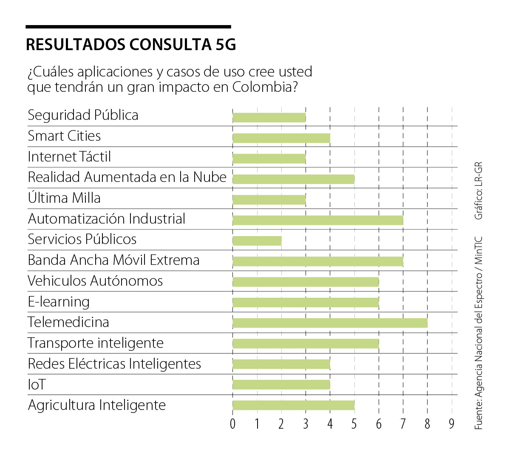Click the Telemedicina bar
(330, 323)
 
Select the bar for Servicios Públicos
(257, 240)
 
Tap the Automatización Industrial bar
(318, 220)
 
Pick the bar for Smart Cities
(281, 138)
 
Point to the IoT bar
(281, 384)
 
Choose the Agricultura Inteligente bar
(293, 405)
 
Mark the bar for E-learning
(306, 302)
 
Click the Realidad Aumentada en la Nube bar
(293, 179)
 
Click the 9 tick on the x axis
(452, 424)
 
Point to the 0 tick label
(232, 424)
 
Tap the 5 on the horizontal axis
(354, 424)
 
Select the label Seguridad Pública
(83, 115)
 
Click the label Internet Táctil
(69, 157)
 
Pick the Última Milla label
(64, 198)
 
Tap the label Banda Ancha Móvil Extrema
(113, 260)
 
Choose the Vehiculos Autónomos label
(95, 281)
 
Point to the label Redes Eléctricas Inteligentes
(114, 364)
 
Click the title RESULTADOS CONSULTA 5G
(131, 45)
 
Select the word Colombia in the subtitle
(264, 87)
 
